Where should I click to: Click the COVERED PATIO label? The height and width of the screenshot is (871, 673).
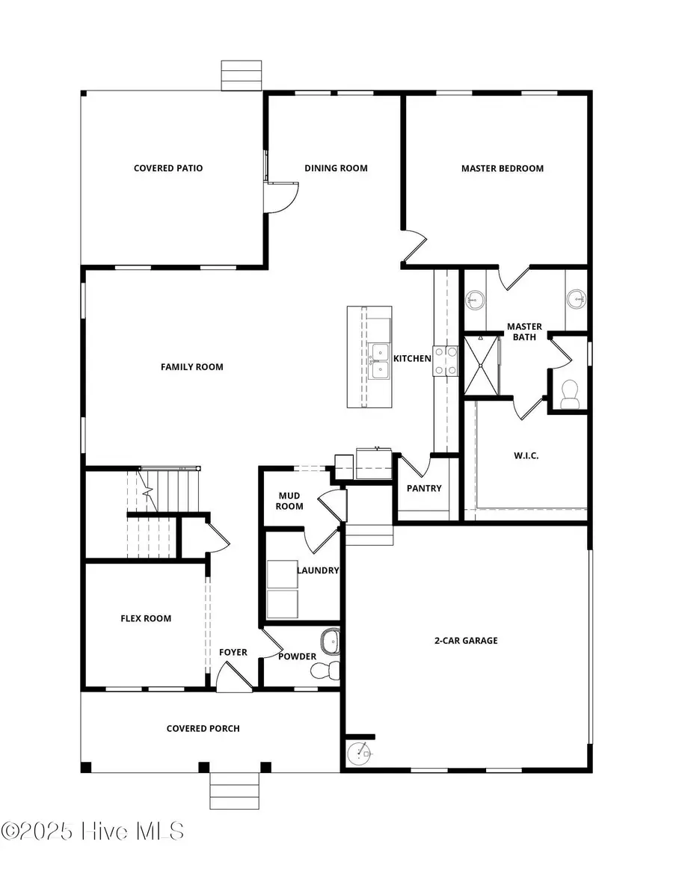click(x=168, y=168)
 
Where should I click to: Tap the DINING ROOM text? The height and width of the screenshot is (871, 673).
click(x=336, y=168)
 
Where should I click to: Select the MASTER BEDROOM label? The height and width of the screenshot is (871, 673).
click(x=502, y=168)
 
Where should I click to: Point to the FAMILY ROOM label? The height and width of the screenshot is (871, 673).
click(x=192, y=366)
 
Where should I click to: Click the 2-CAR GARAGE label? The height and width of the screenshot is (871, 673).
click(x=466, y=640)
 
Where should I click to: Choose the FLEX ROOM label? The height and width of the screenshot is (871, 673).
click(x=146, y=618)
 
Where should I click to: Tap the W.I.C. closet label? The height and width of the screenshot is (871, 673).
click(x=526, y=455)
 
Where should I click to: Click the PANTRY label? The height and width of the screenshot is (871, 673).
click(x=424, y=488)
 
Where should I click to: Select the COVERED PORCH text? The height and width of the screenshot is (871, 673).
click(x=203, y=728)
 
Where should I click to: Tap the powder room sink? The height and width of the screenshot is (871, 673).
click(x=330, y=641)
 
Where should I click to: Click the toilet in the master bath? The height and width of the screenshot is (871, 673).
click(x=571, y=394)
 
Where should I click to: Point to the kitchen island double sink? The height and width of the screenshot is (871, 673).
click(x=379, y=361)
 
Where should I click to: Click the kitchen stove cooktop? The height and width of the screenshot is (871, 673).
click(x=446, y=361)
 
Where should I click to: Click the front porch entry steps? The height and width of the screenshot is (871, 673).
click(x=235, y=791)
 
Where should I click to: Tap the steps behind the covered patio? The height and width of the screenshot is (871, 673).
click(x=241, y=76)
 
